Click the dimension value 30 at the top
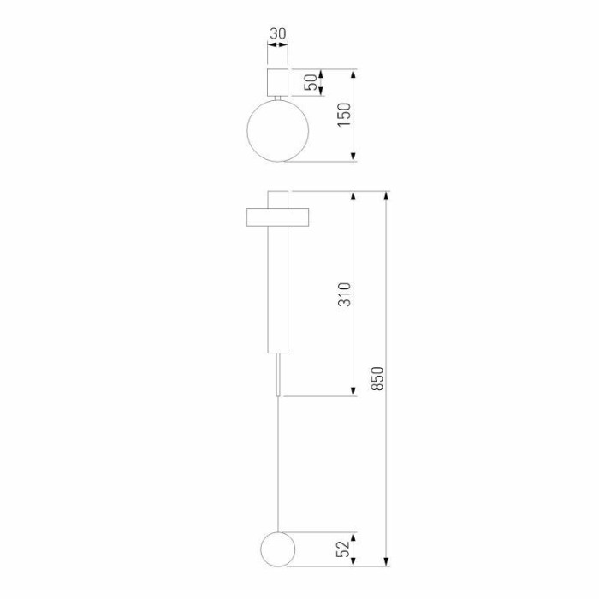point(277,34)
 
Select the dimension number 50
point(313,82)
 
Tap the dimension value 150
point(344,115)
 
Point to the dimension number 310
point(344,294)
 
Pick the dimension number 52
point(344,548)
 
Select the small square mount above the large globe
point(277,82)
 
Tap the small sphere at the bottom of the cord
point(277,548)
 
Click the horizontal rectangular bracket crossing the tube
point(277,217)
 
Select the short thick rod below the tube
point(277,375)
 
